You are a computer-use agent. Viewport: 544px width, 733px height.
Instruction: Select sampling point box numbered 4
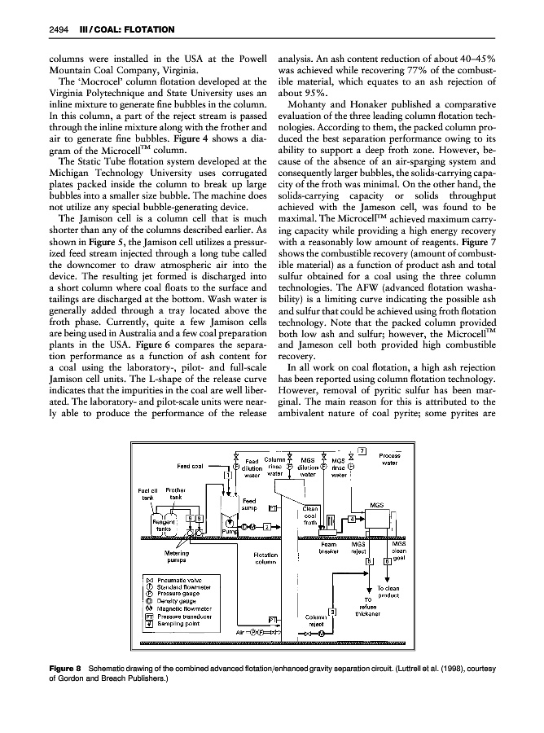[x=351, y=518]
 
